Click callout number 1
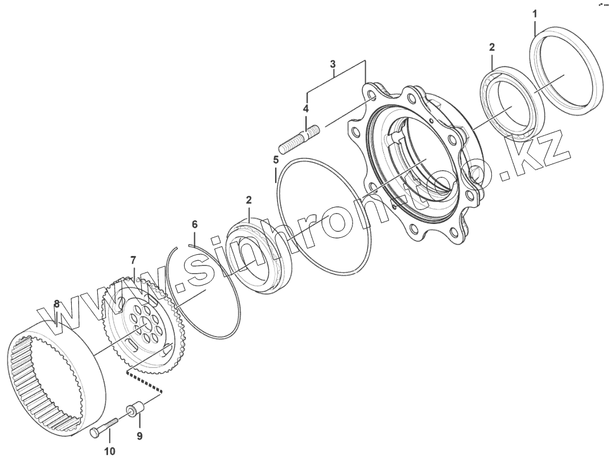tap(534, 14)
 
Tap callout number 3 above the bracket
tap(333, 64)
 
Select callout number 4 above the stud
tap(305, 109)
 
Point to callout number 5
tap(276, 159)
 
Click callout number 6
tap(194, 224)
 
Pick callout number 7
tap(133, 260)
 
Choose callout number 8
tap(57, 304)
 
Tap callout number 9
tap(139, 436)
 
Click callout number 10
tap(110, 451)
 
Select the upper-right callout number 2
tap(492, 48)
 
